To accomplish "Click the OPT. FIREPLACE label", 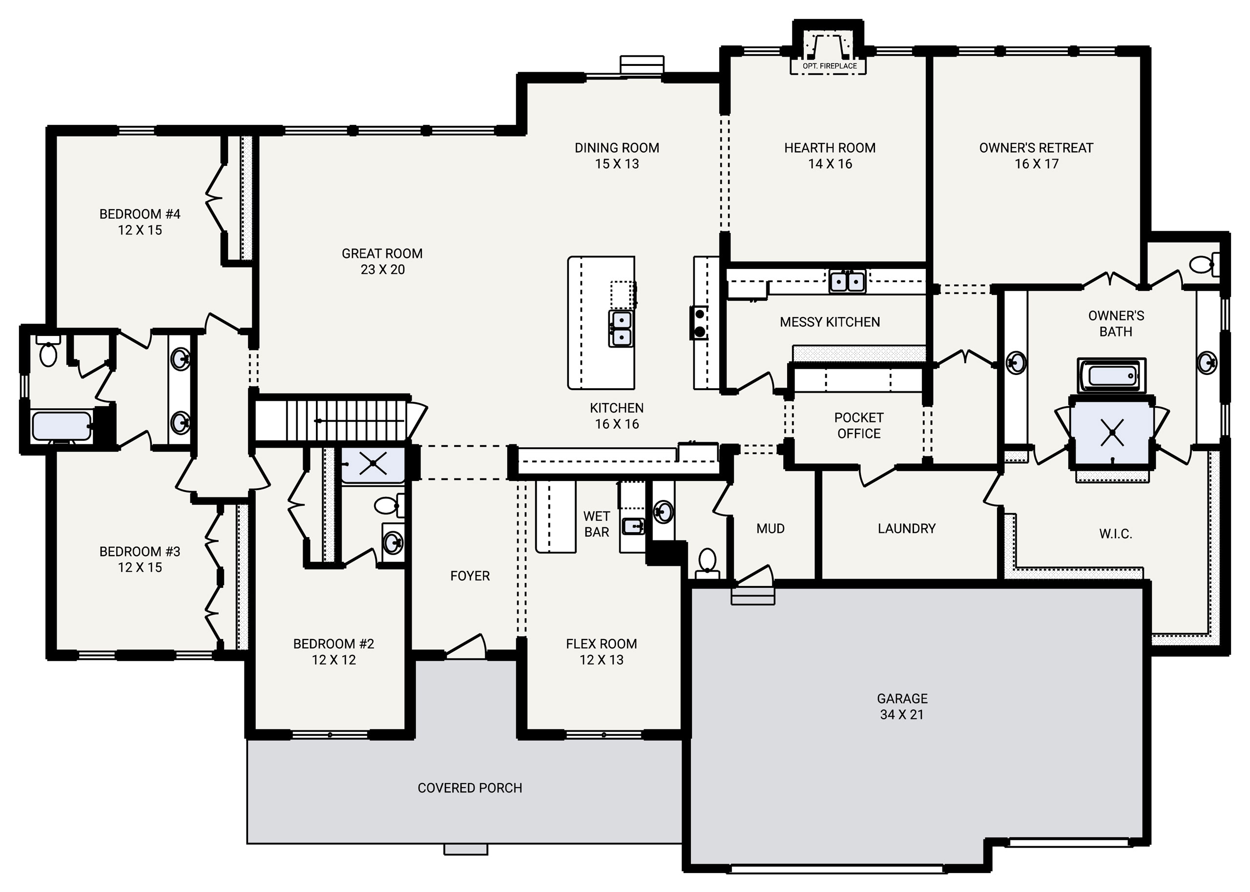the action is pyautogui.click(x=829, y=66).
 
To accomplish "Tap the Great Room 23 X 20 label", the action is pyautogui.click(x=382, y=262).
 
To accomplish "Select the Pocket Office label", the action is pyautogui.click(x=858, y=426).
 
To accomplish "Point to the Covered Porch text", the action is pyautogui.click(x=470, y=788).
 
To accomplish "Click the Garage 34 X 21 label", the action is pyautogui.click(x=902, y=706).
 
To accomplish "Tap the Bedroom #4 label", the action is pyautogui.click(x=140, y=222).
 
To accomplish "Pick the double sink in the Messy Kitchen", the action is pyautogui.click(x=847, y=281).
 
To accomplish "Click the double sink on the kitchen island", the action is pyautogui.click(x=621, y=328).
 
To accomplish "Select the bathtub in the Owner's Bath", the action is pyautogui.click(x=1112, y=376).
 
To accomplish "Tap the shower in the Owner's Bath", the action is pyautogui.click(x=1112, y=432).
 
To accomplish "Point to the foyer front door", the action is pyautogui.click(x=466, y=646).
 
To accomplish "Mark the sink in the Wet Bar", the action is pyautogui.click(x=633, y=526).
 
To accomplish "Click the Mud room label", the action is pyautogui.click(x=770, y=528).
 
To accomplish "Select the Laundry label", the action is pyautogui.click(x=906, y=528).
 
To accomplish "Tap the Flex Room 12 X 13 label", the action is pyautogui.click(x=602, y=651).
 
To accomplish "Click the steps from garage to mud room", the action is pyautogui.click(x=752, y=596).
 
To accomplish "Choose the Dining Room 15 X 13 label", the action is pyautogui.click(x=617, y=155).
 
